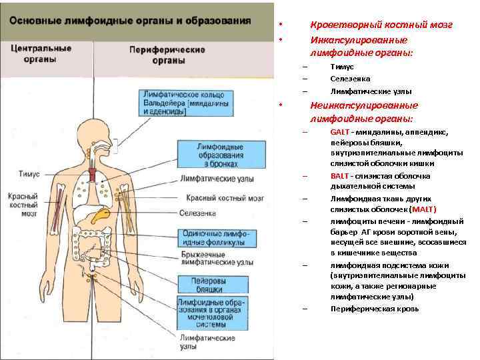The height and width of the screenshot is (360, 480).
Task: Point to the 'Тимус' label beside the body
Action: tap(29, 173)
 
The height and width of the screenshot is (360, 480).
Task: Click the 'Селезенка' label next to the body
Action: tap(198, 213)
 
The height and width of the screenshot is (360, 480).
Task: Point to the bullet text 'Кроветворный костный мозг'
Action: tap(381, 25)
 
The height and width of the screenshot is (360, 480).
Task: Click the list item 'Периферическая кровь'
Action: tap(375, 309)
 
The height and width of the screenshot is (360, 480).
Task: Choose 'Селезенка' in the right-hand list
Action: tap(350, 79)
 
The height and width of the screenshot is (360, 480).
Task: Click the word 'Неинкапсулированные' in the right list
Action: tap(364, 105)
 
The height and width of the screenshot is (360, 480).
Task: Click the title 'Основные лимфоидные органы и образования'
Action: tap(130, 20)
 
